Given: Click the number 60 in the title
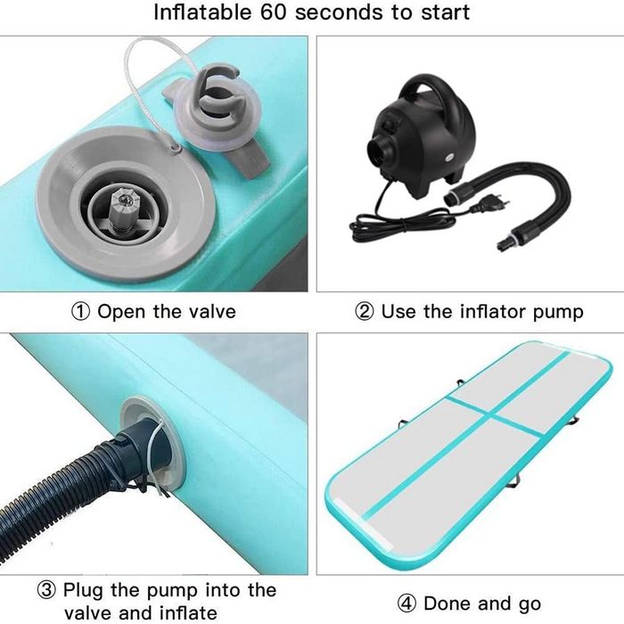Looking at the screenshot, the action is (x=273, y=12).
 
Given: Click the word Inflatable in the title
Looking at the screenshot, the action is (x=202, y=12).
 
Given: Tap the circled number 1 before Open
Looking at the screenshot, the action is (x=80, y=312).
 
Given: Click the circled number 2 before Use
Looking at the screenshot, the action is (x=364, y=312).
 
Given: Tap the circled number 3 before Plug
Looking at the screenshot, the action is (x=46, y=590).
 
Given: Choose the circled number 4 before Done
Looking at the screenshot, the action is (x=406, y=603).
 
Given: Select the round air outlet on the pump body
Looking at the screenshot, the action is (x=379, y=152).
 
